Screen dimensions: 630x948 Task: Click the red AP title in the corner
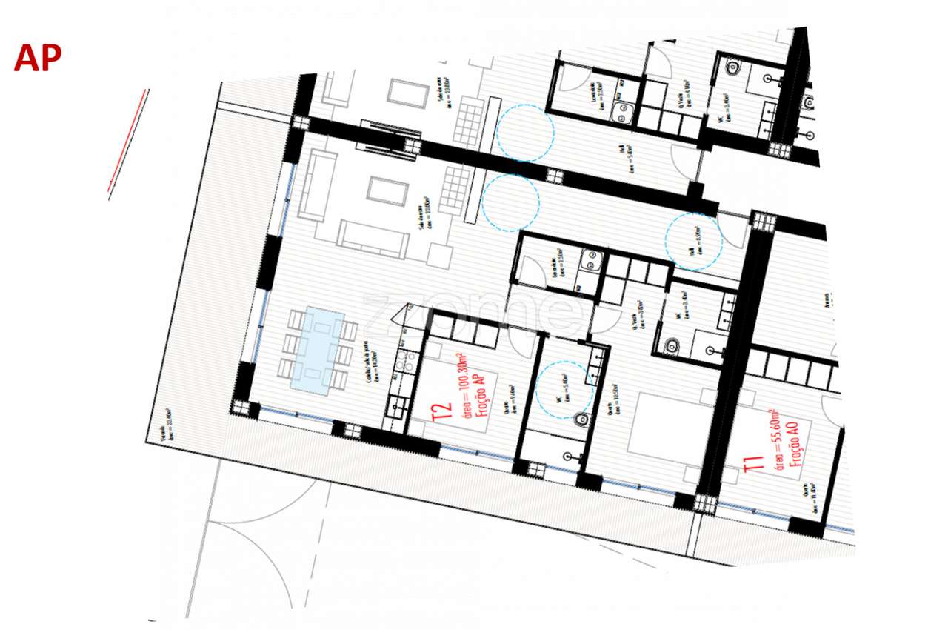click(x=37, y=58)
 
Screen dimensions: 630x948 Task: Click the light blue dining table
click(x=317, y=350)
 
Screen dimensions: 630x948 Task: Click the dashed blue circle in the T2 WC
click(x=564, y=389)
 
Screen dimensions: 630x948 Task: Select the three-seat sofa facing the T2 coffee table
click(x=372, y=238)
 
